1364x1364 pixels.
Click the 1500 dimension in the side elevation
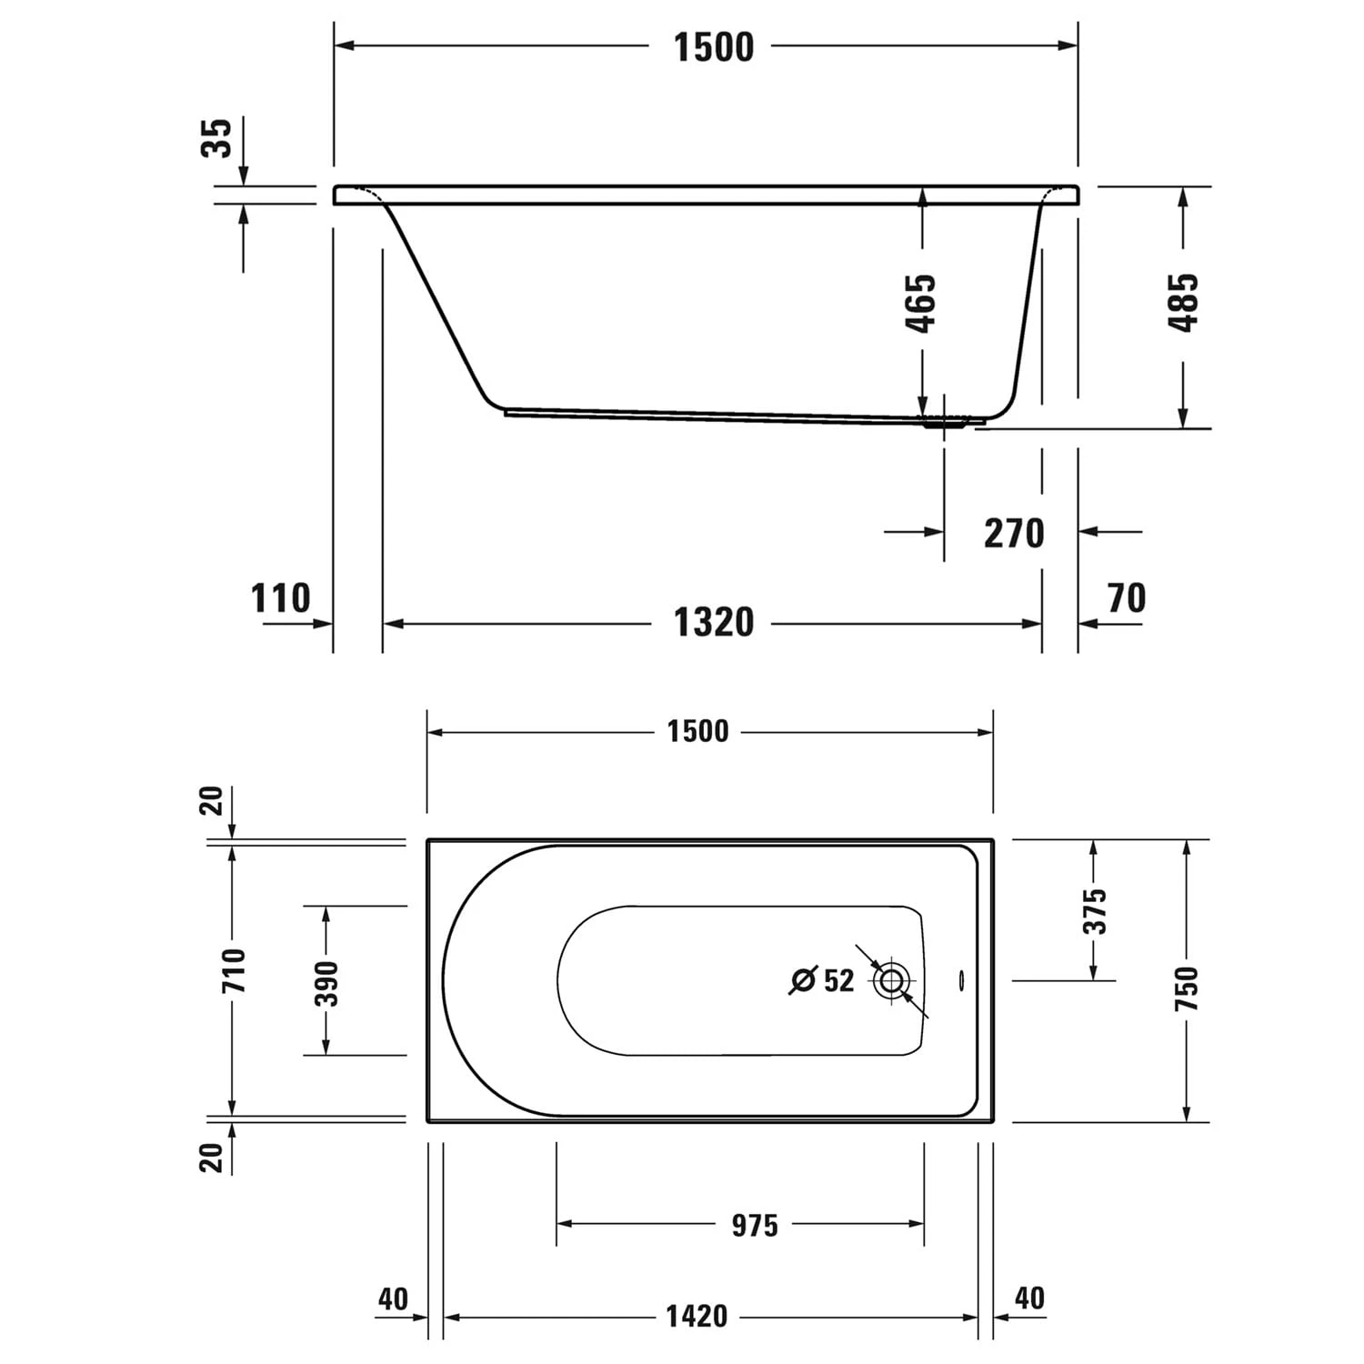click(x=713, y=47)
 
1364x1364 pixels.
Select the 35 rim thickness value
click(x=217, y=138)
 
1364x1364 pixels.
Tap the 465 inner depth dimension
click(x=921, y=303)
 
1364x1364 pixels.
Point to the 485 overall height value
click(x=1184, y=303)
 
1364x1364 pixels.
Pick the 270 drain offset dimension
click(x=1014, y=533)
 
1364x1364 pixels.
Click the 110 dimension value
click(x=280, y=598)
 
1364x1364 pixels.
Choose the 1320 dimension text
click(x=713, y=623)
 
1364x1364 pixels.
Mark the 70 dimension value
click(x=1127, y=598)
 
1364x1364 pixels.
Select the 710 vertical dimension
click(x=234, y=970)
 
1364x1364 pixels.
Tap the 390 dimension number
click(x=326, y=983)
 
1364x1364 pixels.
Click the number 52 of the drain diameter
click(x=838, y=980)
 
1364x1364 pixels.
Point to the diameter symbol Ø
click(x=802, y=980)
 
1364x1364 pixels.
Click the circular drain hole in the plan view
click(x=891, y=980)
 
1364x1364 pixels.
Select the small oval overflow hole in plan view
click(x=959, y=979)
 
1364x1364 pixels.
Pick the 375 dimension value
click(x=1096, y=911)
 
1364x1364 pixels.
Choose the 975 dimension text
click(x=755, y=1226)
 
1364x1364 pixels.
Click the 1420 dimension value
click(x=697, y=1316)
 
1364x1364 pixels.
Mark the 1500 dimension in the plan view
click(x=697, y=732)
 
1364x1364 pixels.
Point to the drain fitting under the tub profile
click(x=946, y=423)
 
